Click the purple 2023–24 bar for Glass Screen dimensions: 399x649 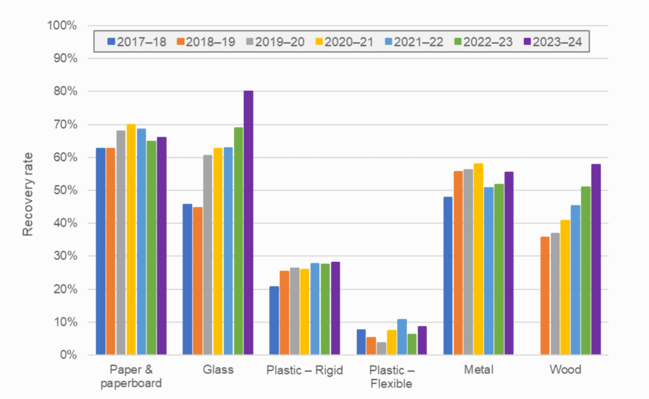point(248,223)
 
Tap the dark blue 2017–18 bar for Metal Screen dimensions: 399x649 point(448,275)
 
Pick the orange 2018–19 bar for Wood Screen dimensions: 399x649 point(544,296)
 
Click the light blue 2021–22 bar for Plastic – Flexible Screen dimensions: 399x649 point(402,337)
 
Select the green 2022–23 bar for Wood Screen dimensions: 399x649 point(586,270)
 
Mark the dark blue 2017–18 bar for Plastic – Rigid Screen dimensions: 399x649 point(274,320)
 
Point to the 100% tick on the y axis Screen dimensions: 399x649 point(61,26)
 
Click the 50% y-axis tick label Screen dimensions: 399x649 point(64,190)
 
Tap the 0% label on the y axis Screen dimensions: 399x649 point(68,355)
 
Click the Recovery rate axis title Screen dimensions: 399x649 point(28,190)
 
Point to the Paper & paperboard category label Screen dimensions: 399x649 point(131,377)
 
